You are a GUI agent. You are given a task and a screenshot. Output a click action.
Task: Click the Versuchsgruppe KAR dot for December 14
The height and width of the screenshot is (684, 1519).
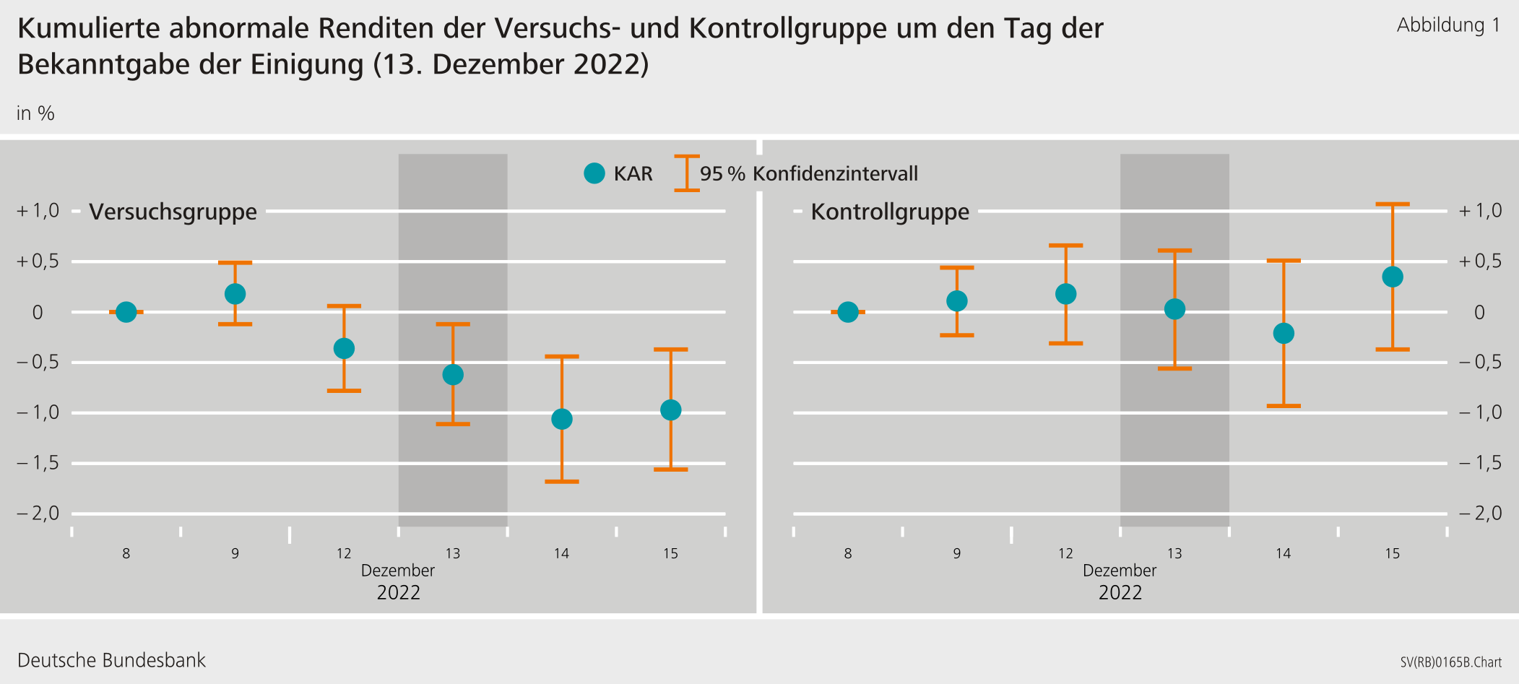(x=561, y=419)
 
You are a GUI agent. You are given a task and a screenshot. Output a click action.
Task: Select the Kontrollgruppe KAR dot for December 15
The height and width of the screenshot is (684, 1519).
(x=1392, y=277)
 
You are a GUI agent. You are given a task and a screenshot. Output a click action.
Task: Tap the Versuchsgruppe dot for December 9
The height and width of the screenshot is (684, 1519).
(x=235, y=294)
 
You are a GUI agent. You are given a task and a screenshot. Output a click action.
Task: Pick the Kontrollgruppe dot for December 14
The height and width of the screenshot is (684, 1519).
(x=1283, y=333)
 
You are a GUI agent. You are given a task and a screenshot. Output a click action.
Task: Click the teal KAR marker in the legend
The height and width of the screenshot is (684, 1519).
(x=594, y=173)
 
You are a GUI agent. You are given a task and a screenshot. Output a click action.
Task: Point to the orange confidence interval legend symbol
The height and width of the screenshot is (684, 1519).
(x=686, y=173)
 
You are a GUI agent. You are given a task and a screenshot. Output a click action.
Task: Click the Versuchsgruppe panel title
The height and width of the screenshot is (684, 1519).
(x=173, y=212)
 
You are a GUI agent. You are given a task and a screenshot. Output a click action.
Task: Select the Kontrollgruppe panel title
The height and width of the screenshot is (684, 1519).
(x=889, y=212)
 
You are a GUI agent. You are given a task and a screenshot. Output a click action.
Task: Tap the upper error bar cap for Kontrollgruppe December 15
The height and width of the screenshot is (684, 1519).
(x=1392, y=204)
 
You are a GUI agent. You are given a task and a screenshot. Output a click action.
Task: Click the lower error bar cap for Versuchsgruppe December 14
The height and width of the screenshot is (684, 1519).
(x=561, y=481)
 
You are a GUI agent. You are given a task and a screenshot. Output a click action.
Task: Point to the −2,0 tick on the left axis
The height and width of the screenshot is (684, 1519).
(x=38, y=514)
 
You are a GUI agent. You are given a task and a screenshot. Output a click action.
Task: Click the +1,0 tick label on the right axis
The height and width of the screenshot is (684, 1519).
(x=1480, y=211)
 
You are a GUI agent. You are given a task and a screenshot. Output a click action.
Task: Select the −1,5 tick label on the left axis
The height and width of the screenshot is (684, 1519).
(x=38, y=463)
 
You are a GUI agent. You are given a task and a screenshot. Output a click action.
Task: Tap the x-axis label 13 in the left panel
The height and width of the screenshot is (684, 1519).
(x=452, y=554)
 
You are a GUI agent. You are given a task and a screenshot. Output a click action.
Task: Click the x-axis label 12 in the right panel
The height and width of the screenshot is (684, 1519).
(x=1065, y=554)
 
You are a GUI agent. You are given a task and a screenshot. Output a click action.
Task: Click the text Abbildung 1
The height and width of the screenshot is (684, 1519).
(x=1447, y=25)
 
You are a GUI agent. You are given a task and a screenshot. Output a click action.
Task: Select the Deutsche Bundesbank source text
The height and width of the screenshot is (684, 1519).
(x=111, y=660)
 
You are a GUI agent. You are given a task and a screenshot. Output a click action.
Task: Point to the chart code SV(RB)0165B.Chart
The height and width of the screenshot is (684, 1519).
(x=1450, y=662)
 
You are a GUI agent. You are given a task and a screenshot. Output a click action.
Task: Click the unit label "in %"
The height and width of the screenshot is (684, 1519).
(x=35, y=113)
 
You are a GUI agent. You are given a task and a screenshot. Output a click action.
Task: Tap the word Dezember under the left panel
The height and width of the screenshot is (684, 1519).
(x=398, y=571)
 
